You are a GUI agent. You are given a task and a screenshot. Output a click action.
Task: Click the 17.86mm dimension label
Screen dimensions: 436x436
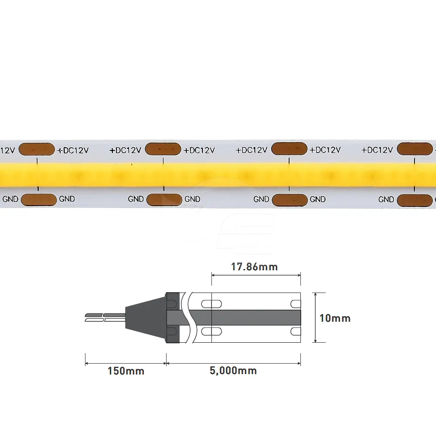tap(255, 267)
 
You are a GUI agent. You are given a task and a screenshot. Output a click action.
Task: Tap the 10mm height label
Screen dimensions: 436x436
tap(335, 318)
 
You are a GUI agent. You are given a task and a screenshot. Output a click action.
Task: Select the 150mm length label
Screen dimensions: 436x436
tap(126, 371)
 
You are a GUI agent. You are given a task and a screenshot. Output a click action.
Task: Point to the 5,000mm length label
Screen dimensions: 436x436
tap(233, 371)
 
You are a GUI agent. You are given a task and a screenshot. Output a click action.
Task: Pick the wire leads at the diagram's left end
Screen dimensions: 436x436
tap(105, 317)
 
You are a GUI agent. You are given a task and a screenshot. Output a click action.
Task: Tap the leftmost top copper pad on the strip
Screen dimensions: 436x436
tap(37, 149)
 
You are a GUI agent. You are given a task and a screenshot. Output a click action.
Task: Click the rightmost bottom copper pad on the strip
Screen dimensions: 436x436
tap(415, 200)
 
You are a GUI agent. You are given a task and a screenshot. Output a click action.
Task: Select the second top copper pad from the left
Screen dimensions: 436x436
tap(163, 149)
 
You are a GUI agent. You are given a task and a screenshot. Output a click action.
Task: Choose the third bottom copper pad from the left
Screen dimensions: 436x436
tap(290, 200)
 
